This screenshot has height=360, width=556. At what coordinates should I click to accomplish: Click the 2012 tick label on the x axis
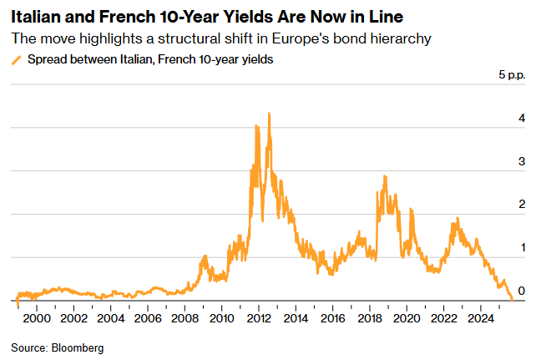258,318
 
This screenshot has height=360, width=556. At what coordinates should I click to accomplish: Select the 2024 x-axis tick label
480,318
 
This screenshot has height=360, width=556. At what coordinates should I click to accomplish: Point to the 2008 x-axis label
184,318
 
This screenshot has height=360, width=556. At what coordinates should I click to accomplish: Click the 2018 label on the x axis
369,318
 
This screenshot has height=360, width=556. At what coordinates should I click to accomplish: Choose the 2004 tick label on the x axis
111,318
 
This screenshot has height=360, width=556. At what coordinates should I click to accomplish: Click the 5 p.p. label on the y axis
513,76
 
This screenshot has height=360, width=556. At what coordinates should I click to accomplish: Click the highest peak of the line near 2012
268,114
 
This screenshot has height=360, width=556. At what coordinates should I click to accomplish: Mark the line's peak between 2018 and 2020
384,176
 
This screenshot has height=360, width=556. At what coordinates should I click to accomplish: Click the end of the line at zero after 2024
512,299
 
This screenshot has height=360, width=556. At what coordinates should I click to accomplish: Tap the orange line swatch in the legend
16,59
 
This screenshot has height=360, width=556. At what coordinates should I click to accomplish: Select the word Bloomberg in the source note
78,347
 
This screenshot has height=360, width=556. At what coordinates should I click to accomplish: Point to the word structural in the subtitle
174,38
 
